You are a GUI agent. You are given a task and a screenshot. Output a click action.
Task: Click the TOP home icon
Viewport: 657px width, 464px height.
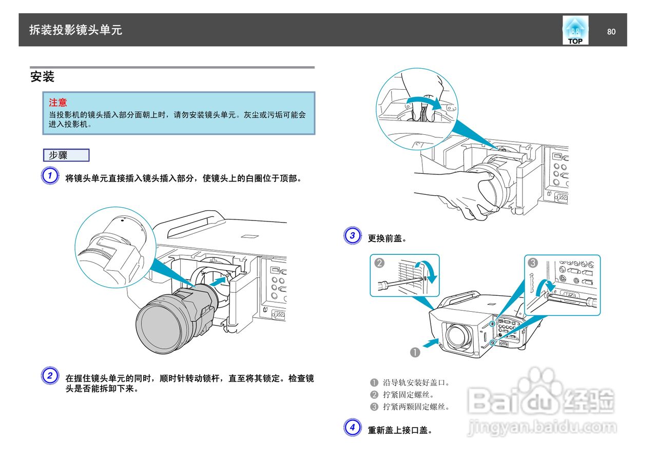pos(575,30)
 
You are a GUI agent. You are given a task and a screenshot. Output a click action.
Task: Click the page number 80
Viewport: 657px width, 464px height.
pos(611,32)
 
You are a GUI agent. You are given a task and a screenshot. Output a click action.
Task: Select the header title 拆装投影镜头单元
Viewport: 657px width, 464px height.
pos(75,30)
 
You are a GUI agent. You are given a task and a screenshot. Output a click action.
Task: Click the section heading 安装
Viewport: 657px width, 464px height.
pos(42,77)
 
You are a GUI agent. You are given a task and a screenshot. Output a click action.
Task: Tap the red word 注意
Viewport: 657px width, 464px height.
pos(58,103)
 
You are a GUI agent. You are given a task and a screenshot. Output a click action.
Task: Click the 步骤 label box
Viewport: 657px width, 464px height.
pos(66,155)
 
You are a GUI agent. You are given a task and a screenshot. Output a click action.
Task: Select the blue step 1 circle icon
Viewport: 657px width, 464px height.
pos(49,176)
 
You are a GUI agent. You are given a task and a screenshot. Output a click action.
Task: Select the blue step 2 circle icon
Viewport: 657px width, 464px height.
pos(49,376)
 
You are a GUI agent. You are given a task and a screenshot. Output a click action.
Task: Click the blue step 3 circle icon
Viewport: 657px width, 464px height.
pos(352,236)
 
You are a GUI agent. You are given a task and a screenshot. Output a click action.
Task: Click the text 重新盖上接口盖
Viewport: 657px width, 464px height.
pos(399,430)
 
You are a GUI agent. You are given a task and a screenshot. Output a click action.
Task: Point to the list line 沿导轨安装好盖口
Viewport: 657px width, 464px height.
pos(416,382)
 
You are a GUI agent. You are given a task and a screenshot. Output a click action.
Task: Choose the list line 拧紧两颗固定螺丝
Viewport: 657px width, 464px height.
pos(416,407)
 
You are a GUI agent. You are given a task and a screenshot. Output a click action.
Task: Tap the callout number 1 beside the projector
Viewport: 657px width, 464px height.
pos(415,352)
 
